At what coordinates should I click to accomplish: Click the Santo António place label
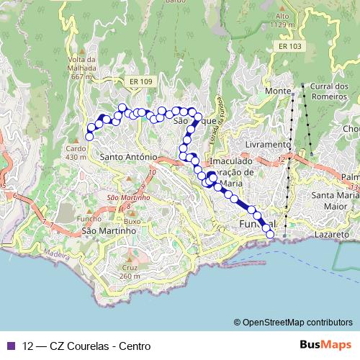pyautogui.click(x=130, y=156)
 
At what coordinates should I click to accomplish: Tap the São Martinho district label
pyautogui.click(x=109, y=231)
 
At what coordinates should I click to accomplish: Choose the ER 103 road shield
pyautogui.click(x=288, y=46)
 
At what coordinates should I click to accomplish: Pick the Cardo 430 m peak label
pyautogui.click(x=76, y=153)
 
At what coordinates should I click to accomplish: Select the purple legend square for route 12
pyautogui.click(x=12, y=346)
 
